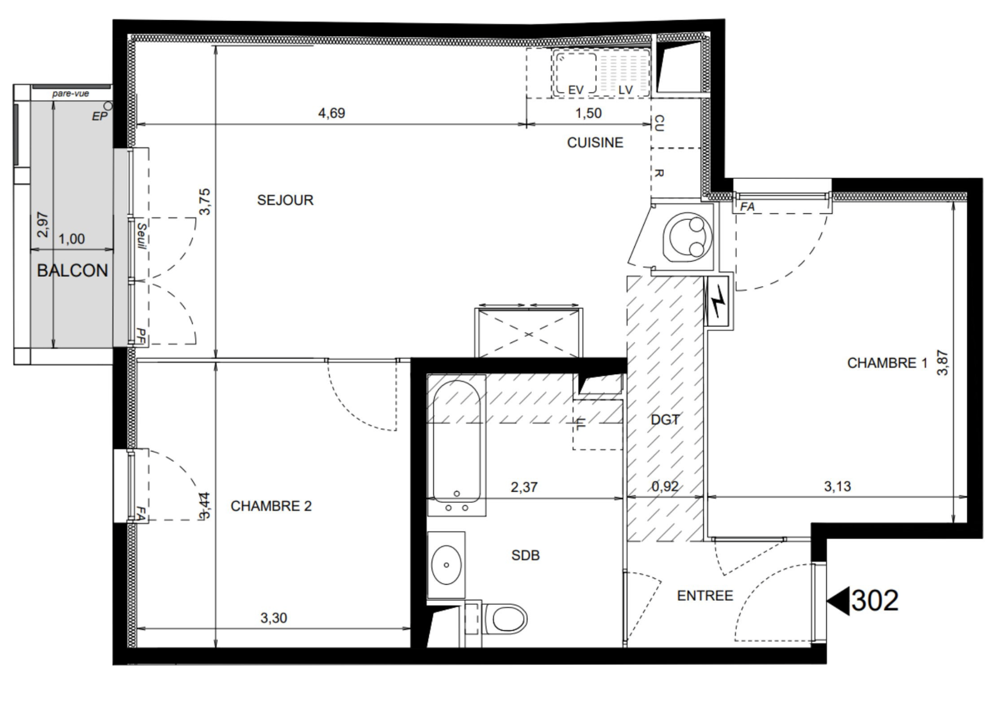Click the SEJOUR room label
pyautogui.click(x=285, y=200)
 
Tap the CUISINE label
pyautogui.click(x=595, y=143)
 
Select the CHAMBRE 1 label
pyautogui.click(x=887, y=363)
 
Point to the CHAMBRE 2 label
pyautogui.click(x=271, y=506)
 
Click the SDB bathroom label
pyautogui.click(x=526, y=555)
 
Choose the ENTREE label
pyautogui.click(x=705, y=596)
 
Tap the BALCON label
pyautogui.click(x=72, y=271)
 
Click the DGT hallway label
pyautogui.click(x=665, y=420)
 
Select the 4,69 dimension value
pyautogui.click(x=331, y=113)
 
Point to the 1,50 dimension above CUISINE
pyautogui.click(x=588, y=113)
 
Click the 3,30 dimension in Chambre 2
pyautogui.click(x=274, y=618)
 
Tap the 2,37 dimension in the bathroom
pyautogui.click(x=524, y=487)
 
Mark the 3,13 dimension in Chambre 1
pyautogui.click(x=838, y=487)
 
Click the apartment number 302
pyautogui.click(x=875, y=601)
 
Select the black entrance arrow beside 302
pyautogui.click(x=839, y=601)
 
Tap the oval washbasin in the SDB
pyautogui.click(x=447, y=565)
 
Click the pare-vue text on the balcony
pyautogui.click(x=71, y=94)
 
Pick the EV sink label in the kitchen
pyautogui.click(x=576, y=90)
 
